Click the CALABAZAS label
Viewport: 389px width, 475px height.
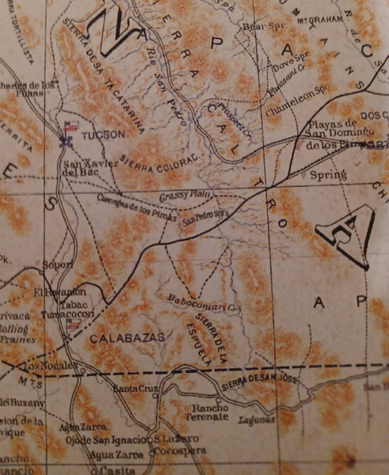126,338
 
